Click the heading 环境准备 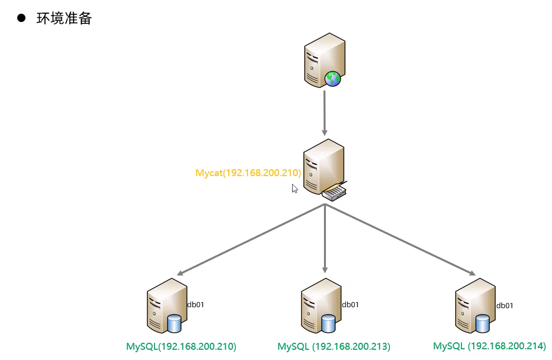pyautogui.click(x=64, y=19)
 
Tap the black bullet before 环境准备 pyautogui.click(x=21, y=19)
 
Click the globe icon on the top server pyautogui.click(x=332, y=78)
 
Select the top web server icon pyautogui.click(x=321, y=59)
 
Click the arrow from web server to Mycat pyautogui.click(x=324, y=112)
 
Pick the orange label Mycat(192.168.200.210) pyautogui.click(x=248, y=173)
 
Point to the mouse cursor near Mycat pyautogui.click(x=294, y=188)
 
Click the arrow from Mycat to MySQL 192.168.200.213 pyautogui.click(x=324, y=240)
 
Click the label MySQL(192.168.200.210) pyautogui.click(x=181, y=347)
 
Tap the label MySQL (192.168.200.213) pyautogui.click(x=334, y=347)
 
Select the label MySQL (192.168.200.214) pyautogui.click(x=489, y=346)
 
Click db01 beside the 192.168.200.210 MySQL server pyautogui.click(x=195, y=305)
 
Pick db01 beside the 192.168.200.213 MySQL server pyautogui.click(x=350, y=305)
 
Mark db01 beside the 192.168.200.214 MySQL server pyautogui.click(x=505, y=306)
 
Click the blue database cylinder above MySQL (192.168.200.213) pyautogui.click(x=328, y=323)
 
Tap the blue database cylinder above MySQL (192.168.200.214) pyautogui.click(x=483, y=323)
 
